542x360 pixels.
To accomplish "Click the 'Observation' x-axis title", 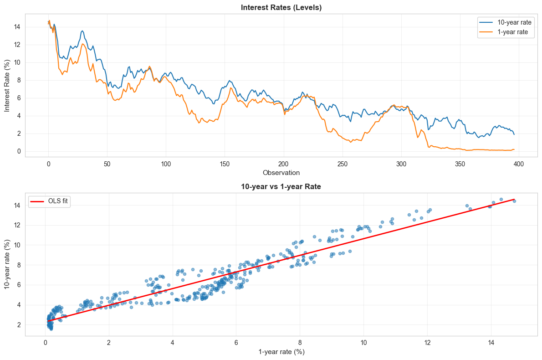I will coord(281,173).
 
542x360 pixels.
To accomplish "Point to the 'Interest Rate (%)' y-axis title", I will coord(8,85).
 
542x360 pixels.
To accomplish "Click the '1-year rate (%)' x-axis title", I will coord(281,352).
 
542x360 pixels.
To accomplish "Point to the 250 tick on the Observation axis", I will coord(343,164).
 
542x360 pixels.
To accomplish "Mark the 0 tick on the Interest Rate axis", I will coord(17,151).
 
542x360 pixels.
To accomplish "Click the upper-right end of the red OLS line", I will coord(514,199).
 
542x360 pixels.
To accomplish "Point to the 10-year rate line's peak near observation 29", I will coord(82,31).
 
